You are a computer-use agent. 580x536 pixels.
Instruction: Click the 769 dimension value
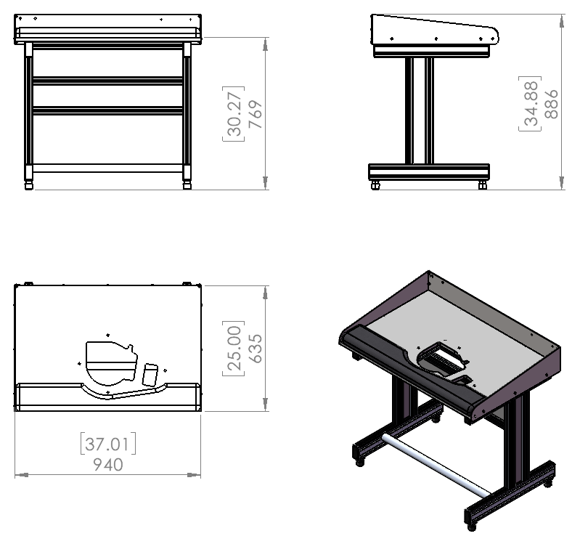pos(256,114)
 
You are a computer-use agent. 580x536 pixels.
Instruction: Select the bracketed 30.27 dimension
pos(234,113)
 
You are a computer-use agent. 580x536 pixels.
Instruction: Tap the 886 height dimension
pos(551,104)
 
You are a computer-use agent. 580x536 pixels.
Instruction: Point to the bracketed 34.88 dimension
pos(530,103)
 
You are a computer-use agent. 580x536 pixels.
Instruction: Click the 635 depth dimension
pos(256,349)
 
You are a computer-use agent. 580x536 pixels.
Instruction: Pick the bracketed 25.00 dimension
pos(234,348)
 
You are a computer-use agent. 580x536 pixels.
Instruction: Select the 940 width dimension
pos(108,465)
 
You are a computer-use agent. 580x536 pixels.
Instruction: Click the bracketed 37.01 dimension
pos(108,443)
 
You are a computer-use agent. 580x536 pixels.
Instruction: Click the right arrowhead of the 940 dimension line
pos(194,474)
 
